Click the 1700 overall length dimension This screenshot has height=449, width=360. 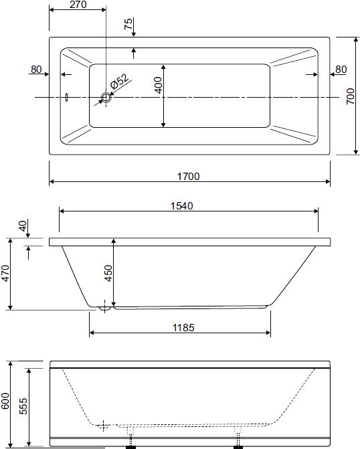tap(189, 177)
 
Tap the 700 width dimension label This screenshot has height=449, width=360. tap(351, 96)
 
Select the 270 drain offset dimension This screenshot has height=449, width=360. tap(78, 4)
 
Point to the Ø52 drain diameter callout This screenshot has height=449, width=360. tap(120, 82)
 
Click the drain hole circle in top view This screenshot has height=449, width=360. tap(106, 97)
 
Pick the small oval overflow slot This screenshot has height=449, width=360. tap(67, 97)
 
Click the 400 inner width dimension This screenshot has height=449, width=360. tap(158, 85)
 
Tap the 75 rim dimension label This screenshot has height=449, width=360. tap(128, 23)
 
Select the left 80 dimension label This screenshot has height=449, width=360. tap(36, 70)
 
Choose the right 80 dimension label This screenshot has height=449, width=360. tap(341, 70)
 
